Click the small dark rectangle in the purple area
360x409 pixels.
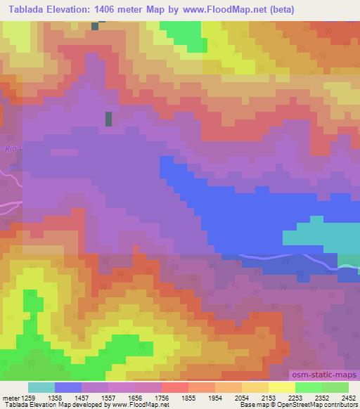[108, 119]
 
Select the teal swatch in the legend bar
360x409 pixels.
[41, 387]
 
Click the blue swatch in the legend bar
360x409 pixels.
[68, 387]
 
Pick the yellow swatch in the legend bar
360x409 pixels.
[281, 387]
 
